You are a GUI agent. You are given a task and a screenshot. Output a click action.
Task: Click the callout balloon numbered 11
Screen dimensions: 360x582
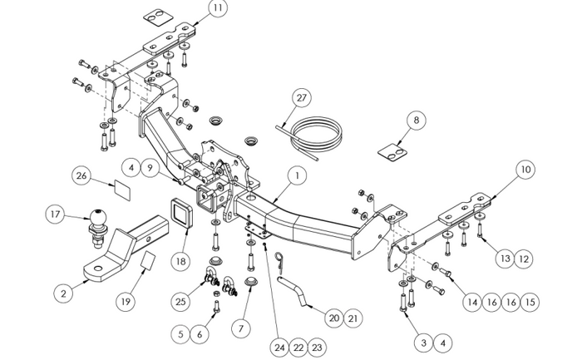point(217,9)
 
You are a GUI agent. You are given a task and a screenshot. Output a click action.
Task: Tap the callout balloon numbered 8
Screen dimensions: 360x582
point(415,120)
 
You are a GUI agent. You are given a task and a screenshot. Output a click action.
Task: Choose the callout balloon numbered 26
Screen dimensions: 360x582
point(81,175)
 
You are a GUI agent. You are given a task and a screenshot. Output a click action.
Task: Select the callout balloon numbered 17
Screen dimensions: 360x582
point(56,215)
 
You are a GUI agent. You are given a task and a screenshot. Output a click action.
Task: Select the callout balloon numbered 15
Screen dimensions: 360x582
point(530,302)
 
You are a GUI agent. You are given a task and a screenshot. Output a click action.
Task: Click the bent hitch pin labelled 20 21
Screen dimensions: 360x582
point(295,292)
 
